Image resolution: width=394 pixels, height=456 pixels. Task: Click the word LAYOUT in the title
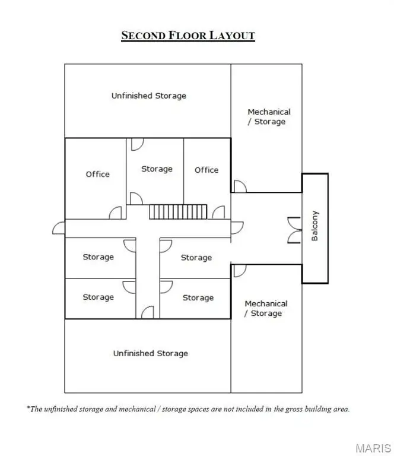[232, 36]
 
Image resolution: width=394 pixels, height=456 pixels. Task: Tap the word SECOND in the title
[143, 36]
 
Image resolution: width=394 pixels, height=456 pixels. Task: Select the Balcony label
[314, 226]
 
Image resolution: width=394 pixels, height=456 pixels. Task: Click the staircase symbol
[178, 212]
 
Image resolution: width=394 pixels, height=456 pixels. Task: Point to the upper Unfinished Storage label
[149, 96]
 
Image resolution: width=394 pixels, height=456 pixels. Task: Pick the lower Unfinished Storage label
[151, 353]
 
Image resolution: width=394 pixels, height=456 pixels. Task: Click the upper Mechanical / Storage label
[269, 116]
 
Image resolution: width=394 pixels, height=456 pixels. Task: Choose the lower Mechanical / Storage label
[266, 308]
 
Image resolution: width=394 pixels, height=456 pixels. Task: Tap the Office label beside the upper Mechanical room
[206, 170]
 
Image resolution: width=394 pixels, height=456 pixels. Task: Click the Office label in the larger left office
[98, 174]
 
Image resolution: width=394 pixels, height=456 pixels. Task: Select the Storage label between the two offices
[157, 169]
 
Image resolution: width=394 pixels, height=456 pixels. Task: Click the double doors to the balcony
[294, 230]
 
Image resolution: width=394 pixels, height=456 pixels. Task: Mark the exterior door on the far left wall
[59, 228]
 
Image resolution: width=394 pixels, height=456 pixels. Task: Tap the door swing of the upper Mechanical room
[240, 186]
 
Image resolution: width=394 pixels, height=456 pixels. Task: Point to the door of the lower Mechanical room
[240, 271]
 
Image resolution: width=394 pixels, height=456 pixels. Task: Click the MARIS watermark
[373, 448]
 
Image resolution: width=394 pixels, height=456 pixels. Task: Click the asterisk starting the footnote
[28, 407]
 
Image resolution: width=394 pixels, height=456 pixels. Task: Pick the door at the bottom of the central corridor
[148, 312]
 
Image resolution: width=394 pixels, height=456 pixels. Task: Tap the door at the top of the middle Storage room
[138, 144]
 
